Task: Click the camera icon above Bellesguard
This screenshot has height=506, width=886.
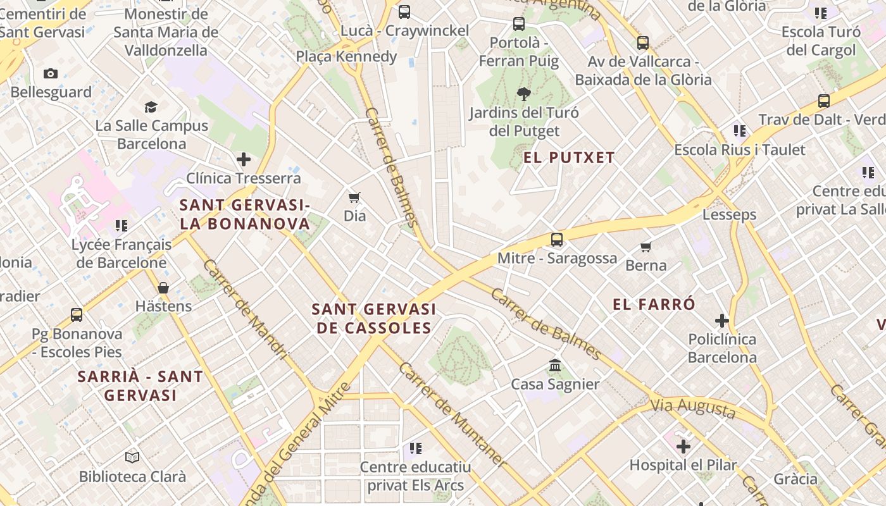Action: [x=51, y=73]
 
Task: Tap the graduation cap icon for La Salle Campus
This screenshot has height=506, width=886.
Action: [x=151, y=107]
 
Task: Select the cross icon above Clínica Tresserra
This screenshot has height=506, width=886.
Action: [x=244, y=159]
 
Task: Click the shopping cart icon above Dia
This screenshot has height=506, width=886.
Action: [x=354, y=197]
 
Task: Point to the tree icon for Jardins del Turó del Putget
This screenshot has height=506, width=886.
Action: [x=523, y=95]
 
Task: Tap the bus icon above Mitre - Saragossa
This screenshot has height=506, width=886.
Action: [x=557, y=240]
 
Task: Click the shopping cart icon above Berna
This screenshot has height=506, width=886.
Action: [x=646, y=247]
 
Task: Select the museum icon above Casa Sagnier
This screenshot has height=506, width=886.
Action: [x=555, y=366]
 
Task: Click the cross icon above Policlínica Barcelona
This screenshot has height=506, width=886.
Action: [x=721, y=321]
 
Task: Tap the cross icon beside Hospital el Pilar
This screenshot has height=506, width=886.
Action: [x=683, y=447]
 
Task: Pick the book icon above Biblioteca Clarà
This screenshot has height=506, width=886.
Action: [x=132, y=457]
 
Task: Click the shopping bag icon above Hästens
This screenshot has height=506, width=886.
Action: [x=163, y=288]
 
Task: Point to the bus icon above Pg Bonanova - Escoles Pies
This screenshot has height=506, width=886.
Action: [x=77, y=314]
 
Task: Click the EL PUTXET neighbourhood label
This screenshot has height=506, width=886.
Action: [x=569, y=157]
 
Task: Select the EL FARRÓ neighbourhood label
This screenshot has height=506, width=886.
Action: [x=654, y=304]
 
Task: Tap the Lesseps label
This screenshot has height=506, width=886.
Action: [x=729, y=214]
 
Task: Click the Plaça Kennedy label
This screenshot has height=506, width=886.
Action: [x=346, y=56]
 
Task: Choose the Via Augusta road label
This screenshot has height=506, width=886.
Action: [x=694, y=408]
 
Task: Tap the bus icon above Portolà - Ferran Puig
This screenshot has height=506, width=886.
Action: [x=519, y=24]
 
